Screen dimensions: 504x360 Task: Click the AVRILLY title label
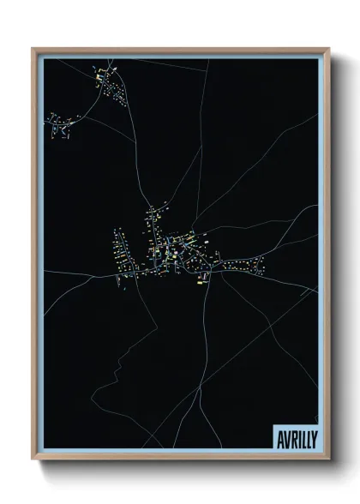click(294, 435)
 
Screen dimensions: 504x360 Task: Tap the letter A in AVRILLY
click(278, 435)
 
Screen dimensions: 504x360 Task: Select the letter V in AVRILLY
click(284, 435)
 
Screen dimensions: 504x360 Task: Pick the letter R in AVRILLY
click(290, 435)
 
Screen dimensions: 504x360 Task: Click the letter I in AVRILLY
click(296, 435)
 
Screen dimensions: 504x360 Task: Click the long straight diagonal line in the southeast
click(257, 343)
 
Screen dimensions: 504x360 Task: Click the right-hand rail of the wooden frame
click(327, 257)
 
